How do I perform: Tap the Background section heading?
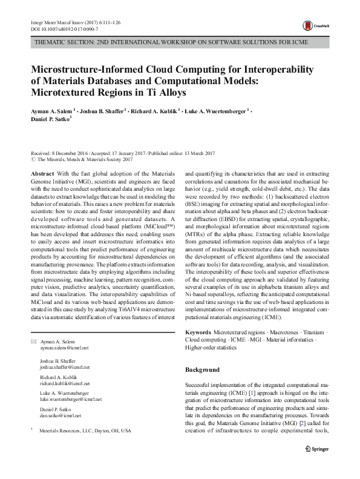pos(202,369)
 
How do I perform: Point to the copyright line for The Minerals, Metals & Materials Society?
pos(84,159)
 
